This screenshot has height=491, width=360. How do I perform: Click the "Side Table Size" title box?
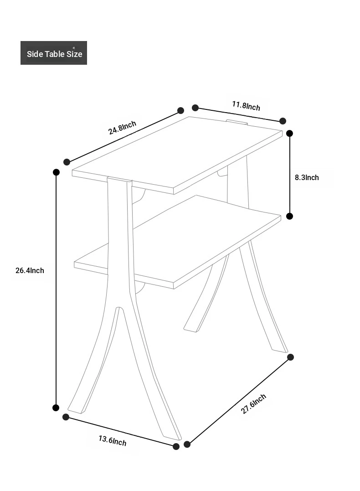pos(53,53)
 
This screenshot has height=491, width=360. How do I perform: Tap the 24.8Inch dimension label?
pos(122,128)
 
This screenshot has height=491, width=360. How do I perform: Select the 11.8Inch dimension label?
pos(246,106)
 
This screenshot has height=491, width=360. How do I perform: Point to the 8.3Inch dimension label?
pos(307,177)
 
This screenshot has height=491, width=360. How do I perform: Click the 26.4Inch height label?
pos(30,270)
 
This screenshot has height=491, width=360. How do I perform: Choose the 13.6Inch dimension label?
pos(113,440)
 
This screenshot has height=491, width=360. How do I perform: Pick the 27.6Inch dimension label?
pos(253,404)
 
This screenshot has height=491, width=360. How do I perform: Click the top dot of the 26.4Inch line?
pos(57,172)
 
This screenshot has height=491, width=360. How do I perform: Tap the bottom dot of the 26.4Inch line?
pos(56,408)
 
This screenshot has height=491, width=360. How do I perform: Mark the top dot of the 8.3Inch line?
pos(289,134)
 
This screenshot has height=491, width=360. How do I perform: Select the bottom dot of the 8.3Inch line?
pos(289,216)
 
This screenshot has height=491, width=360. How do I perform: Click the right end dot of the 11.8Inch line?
pos(283,121)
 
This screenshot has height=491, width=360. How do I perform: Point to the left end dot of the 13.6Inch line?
pos(66,417)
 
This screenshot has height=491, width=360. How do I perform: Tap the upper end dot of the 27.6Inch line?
pos(290,357)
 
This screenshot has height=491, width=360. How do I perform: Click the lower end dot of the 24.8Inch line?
pos(67,162)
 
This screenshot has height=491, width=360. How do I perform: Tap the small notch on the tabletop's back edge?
pos(237,122)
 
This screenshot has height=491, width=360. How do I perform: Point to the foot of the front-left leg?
pos(76,408)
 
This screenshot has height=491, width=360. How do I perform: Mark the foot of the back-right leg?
pos(279,348)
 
